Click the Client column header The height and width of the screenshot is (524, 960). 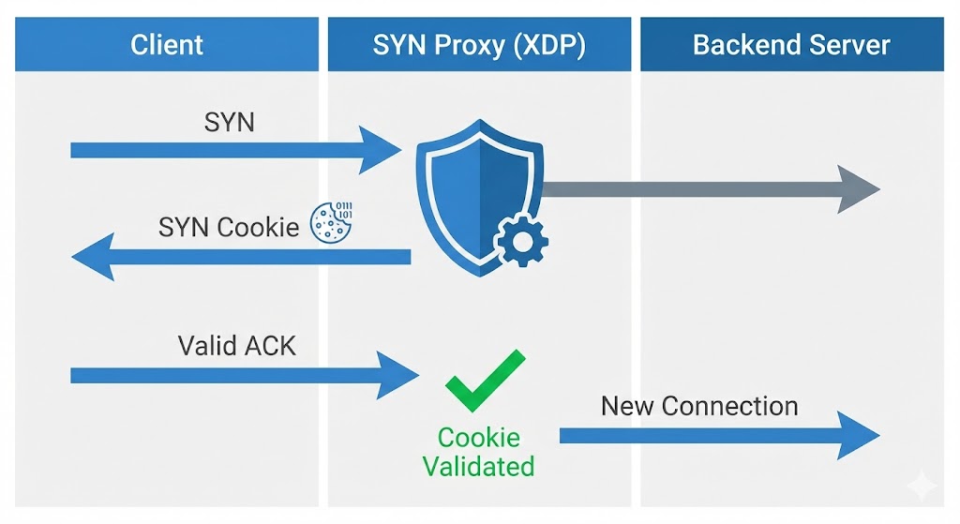pyautogui.click(x=166, y=44)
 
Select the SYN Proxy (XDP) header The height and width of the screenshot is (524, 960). pyautogui.click(x=479, y=44)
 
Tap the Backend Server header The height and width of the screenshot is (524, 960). pyautogui.click(x=791, y=44)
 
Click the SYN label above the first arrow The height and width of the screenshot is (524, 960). pyautogui.click(x=229, y=122)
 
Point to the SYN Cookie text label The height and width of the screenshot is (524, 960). pyautogui.click(x=229, y=226)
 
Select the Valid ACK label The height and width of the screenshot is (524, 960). pyautogui.click(x=237, y=345)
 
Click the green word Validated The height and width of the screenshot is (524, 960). pyautogui.click(x=478, y=466)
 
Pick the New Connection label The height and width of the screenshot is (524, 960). pyautogui.click(x=699, y=406)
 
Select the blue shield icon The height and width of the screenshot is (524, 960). pyautogui.click(x=476, y=192)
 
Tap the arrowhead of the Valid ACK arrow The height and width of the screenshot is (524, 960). pyautogui.click(x=397, y=375)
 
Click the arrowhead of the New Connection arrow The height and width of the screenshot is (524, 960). pyautogui.click(x=857, y=436)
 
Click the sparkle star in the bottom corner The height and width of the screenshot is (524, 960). pyautogui.click(x=922, y=485)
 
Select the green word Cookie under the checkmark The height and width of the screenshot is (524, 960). pyautogui.click(x=478, y=437)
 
